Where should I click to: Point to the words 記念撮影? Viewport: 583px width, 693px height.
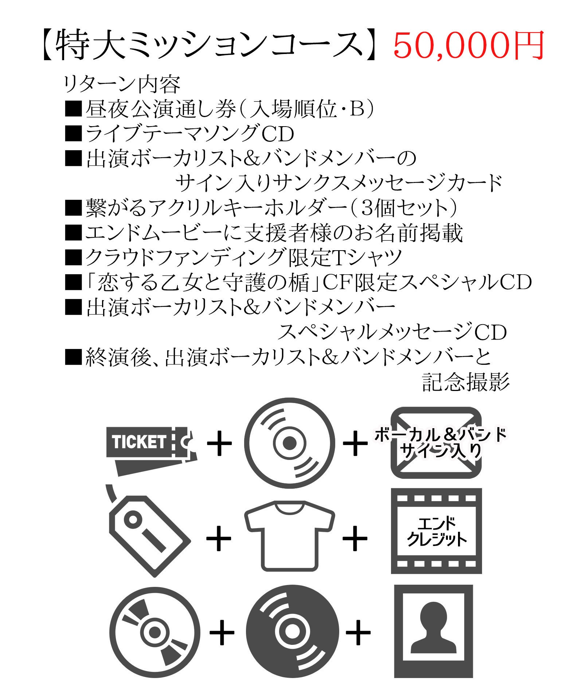click(x=465, y=382)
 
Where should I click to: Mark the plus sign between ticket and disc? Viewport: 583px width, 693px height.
click(x=219, y=443)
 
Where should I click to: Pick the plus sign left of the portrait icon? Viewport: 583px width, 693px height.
click(x=358, y=632)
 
